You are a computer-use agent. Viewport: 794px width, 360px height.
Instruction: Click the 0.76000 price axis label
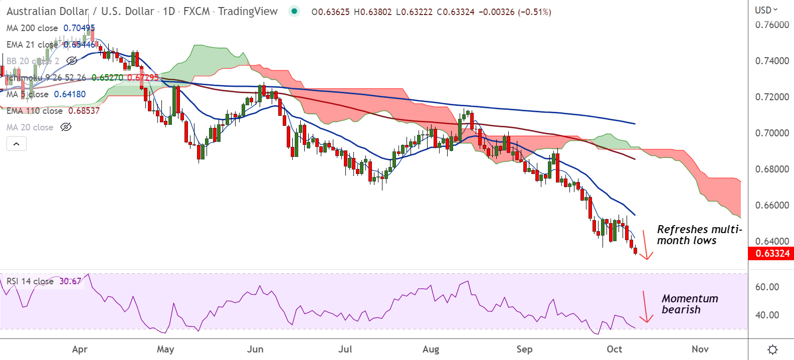772,25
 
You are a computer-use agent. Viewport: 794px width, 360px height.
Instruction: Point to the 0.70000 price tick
772,133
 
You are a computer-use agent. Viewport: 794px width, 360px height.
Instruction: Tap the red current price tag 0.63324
772,253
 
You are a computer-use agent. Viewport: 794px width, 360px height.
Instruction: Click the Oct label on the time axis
614,349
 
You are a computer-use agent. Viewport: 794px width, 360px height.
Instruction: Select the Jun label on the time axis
255,349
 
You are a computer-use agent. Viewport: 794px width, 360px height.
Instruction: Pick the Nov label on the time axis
700,349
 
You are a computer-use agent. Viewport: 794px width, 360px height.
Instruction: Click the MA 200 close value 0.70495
79,28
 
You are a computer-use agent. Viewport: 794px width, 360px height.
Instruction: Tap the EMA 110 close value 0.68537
84,111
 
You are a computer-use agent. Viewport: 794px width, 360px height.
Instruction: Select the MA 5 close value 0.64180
70,94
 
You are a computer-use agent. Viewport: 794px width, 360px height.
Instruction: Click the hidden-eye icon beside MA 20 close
66,127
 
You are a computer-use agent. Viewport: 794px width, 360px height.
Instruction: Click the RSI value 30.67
70,281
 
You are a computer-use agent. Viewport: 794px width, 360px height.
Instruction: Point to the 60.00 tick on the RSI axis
767,287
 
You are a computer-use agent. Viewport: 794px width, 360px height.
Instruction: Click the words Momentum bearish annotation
689,304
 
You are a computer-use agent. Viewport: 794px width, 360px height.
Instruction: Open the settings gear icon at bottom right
772,349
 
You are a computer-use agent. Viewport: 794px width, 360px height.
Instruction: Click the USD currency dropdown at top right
766,10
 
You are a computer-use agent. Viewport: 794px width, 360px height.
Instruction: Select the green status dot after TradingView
294,11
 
